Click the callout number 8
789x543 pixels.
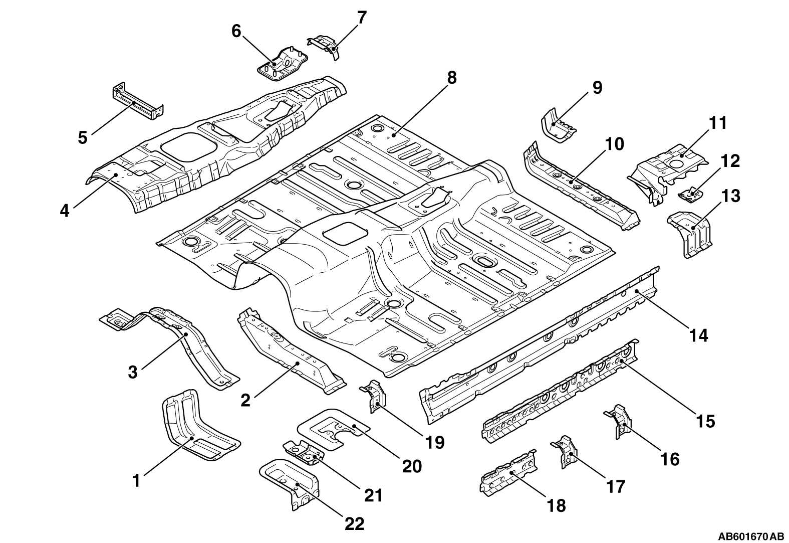[452, 78]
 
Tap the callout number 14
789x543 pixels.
[698, 335]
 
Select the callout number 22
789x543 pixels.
[354, 524]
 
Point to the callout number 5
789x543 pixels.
[83, 137]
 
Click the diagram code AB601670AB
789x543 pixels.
[750, 536]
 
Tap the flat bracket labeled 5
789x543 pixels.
[138, 101]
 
